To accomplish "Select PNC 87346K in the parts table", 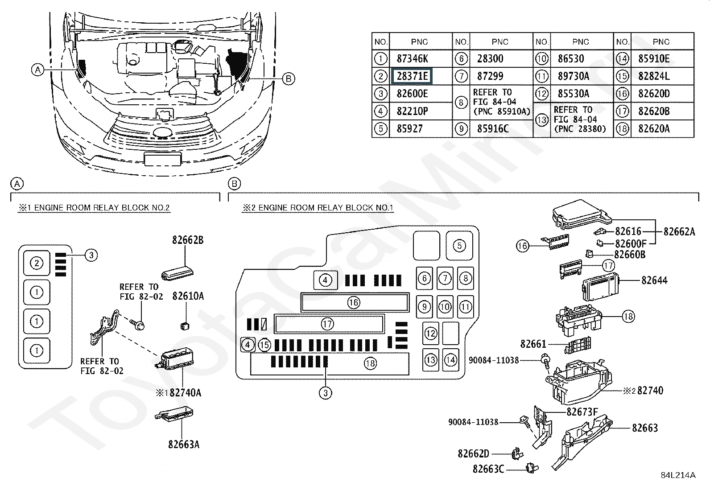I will (413, 59).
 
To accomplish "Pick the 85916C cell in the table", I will (492, 129).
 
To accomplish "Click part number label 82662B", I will (188, 240).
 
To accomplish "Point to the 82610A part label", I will (188, 296).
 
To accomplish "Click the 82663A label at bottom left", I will (183, 444).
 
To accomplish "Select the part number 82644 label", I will (654, 280).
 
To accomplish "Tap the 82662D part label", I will (473, 454).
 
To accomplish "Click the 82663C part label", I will (488, 469).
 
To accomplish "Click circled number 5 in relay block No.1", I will (459, 245).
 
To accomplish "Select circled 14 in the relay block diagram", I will (451, 359).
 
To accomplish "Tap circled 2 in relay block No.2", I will (37, 263).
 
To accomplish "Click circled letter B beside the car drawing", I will (289, 79).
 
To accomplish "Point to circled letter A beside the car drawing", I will (38, 70).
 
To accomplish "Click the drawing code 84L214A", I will (678, 475).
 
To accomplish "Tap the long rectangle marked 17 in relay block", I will (329, 324).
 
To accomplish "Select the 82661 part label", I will (533, 344).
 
